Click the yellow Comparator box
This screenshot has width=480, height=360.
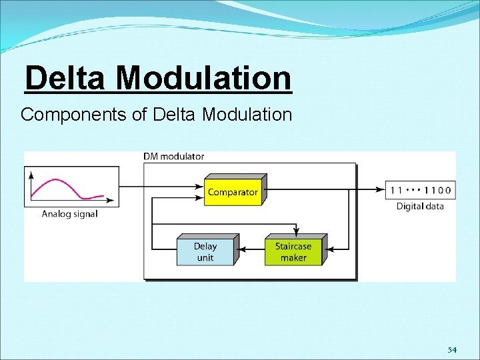(x=233, y=191)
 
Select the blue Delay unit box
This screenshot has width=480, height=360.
(x=205, y=251)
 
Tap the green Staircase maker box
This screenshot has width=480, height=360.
(x=293, y=251)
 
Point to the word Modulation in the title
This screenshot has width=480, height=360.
(x=203, y=78)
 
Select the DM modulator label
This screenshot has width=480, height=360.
(x=173, y=157)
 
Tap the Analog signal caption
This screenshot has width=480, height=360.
(x=69, y=214)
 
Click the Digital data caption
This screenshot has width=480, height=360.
(x=420, y=206)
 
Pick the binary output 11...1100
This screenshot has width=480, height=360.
(x=420, y=190)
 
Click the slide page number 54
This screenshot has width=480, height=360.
(x=452, y=350)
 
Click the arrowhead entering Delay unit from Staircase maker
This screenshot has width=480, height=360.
(x=241, y=249)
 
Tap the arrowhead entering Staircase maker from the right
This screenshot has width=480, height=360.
(x=329, y=249)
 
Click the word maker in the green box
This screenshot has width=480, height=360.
(x=293, y=258)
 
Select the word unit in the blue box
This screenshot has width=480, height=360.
(x=205, y=258)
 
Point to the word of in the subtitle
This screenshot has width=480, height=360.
(x=139, y=115)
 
